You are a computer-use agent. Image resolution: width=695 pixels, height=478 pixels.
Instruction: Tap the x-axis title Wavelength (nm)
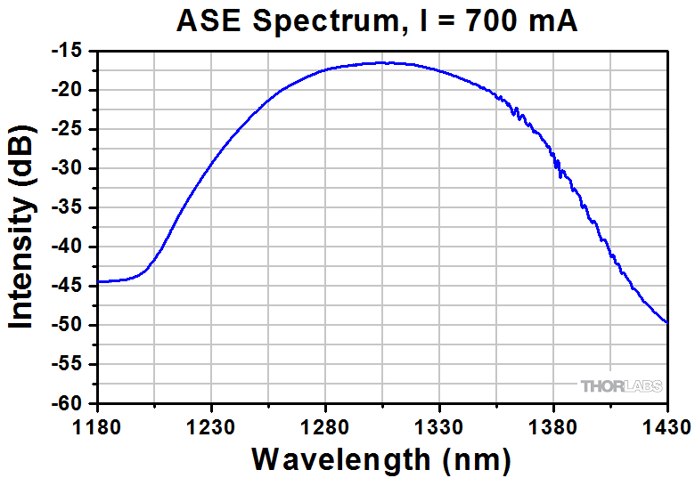[x=381, y=459]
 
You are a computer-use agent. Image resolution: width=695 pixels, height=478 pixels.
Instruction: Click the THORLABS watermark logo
[x=620, y=386]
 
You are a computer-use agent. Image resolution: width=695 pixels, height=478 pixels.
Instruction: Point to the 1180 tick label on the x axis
[x=96, y=425]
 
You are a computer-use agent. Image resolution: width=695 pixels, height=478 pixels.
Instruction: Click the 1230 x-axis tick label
[x=210, y=425]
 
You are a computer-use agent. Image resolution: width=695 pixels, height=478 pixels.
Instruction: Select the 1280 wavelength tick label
[x=325, y=425]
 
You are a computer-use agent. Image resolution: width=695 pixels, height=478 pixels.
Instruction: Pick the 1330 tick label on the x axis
[x=439, y=425]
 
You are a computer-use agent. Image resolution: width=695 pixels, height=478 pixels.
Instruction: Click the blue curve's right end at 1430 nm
[x=667, y=322]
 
